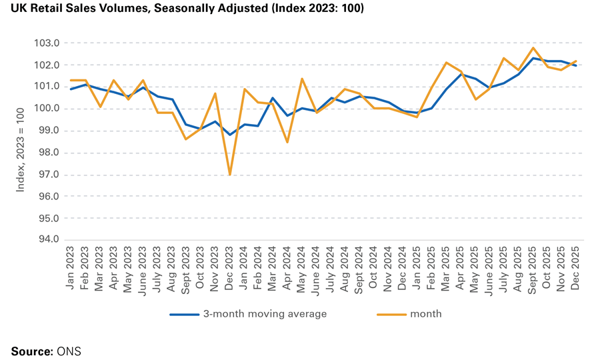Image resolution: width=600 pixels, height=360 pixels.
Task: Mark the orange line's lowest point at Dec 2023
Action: [x=230, y=175]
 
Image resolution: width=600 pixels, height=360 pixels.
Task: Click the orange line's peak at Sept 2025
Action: [x=533, y=48]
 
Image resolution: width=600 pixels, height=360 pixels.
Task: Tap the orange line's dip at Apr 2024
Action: [x=287, y=142]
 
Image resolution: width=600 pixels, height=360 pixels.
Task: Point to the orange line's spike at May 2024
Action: [x=302, y=79]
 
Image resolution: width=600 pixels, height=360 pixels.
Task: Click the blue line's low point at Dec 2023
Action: [x=230, y=135]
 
